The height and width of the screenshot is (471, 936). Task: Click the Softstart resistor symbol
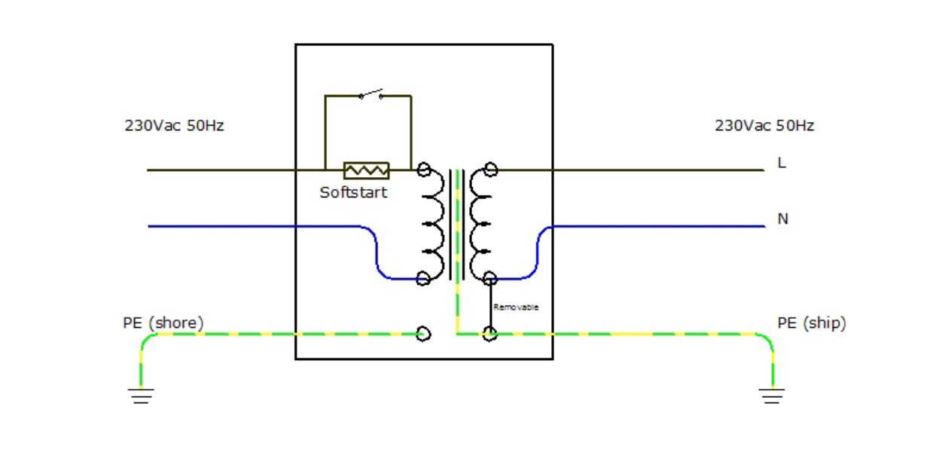point(366,170)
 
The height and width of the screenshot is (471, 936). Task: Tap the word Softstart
point(353,192)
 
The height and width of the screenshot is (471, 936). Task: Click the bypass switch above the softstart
point(370,95)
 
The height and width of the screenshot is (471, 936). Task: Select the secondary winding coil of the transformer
point(480,224)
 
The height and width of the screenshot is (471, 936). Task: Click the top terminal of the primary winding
point(424,170)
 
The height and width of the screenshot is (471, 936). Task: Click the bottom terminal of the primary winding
point(423,279)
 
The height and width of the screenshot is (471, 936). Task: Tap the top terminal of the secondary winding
point(491,170)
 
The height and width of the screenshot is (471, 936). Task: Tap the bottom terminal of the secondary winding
point(490,279)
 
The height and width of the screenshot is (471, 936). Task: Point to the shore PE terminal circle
point(424,334)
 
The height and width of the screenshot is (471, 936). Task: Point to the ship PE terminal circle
point(490,334)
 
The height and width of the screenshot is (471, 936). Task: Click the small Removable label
point(516,307)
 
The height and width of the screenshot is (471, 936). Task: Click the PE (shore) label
point(163,323)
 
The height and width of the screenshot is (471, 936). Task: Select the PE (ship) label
point(812,323)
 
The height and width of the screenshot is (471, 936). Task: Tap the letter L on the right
point(782,163)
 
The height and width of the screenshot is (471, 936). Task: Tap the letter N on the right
point(782,219)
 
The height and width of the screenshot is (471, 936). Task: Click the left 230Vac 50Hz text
point(174,126)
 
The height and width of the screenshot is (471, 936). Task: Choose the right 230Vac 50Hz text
point(764,126)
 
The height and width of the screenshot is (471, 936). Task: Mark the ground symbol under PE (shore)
point(141,396)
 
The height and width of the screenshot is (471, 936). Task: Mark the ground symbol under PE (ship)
point(772,396)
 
